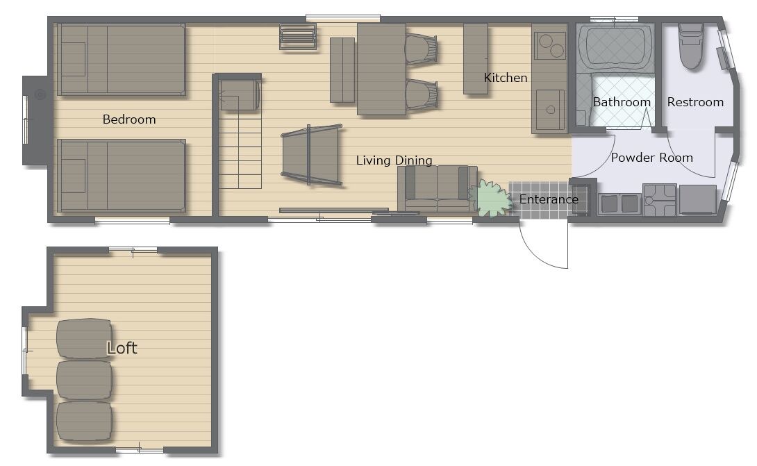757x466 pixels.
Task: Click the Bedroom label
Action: pos(129,119)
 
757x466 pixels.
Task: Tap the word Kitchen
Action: pos(506,78)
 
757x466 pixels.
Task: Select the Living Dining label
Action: pos(394,160)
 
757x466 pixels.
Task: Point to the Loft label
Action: pos(122,348)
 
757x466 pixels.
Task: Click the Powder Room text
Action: pos(651,158)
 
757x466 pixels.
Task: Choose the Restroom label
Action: pos(695,102)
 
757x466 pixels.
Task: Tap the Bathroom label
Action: pos(622,102)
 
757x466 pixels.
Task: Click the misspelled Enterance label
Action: pos(549,199)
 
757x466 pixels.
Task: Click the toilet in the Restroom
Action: pos(690,45)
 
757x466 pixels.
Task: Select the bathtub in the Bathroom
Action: pos(616,49)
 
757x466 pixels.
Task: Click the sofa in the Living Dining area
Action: pos(438,189)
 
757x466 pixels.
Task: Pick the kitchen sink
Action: pos(550,110)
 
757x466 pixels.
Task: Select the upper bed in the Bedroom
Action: pos(122,60)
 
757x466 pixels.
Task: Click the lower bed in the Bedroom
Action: pos(122,176)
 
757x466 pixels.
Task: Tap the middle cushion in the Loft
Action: pos(84,380)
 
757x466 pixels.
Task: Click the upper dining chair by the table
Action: pos(421,49)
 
